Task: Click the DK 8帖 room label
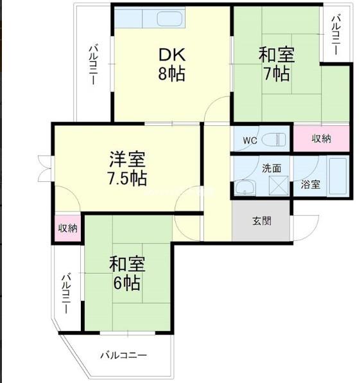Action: coord(172,64)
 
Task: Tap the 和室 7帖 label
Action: coord(277,64)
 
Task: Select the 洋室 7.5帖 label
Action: coord(127,168)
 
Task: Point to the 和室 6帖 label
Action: coord(127,273)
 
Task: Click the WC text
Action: coord(250,141)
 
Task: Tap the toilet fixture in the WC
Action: coord(273,140)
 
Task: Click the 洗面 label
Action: coord(271,168)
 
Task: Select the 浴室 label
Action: coord(310,184)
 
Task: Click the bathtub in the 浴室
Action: coord(338,177)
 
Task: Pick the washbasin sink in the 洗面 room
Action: coord(245,188)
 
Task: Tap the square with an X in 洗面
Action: coord(279,185)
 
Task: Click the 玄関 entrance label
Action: coord(262,221)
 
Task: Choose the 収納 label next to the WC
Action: coord(322,139)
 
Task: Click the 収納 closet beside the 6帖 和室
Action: coord(68,228)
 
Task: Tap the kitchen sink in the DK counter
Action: coord(170,19)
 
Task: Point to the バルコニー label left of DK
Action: coord(93,65)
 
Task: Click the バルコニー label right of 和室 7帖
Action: coord(336,35)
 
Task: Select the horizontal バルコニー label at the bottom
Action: coord(124,355)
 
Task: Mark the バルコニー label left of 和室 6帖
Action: coord(66,294)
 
